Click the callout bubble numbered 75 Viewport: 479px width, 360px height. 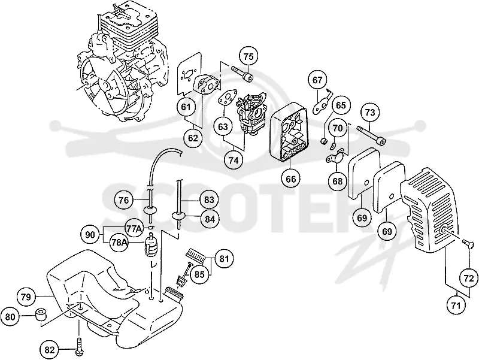click(x=248, y=56)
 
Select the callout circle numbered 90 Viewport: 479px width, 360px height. click(x=90, y=235)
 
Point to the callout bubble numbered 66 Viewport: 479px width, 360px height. click(x=291, y=179)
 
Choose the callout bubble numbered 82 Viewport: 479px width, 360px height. click(x=49, y=350)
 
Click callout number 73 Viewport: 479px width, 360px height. click(x=370, y=113)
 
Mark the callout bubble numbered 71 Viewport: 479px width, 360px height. click(x=456, y=304)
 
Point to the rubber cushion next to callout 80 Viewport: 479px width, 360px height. click(x=41, y=314)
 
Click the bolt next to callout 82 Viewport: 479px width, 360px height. click(x=79, y=347)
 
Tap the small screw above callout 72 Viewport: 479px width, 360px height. click(x=468, y=244)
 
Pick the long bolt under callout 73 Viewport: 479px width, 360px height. click(x=371, y=134)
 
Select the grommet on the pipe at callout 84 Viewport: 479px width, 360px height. click(x=179, y=215)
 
